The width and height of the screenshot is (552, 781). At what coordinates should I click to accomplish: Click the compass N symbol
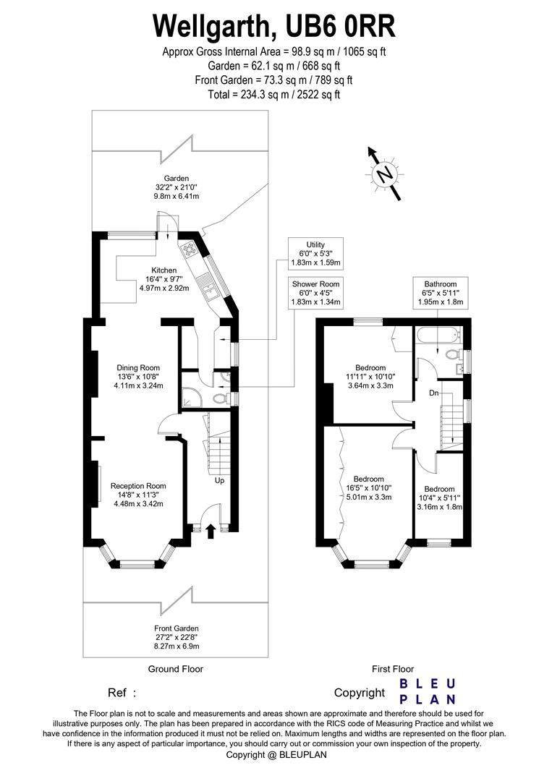(x=384, y=174)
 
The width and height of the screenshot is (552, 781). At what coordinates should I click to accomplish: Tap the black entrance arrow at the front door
(x=211, y=531)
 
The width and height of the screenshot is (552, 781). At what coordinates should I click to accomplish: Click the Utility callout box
(x=315, y=254)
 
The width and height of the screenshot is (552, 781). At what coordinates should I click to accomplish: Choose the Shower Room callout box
(x=315, y=293)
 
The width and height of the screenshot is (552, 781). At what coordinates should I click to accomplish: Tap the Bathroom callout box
(x=441, y=293)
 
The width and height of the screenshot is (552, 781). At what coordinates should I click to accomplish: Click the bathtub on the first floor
(x=438, y=336)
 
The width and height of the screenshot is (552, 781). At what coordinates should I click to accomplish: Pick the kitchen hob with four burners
(x=190, y=249)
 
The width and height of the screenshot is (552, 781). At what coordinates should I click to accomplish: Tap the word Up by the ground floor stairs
(x=219, y=481)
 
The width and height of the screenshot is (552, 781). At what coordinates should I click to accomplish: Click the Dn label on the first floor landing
(x=434, y=393)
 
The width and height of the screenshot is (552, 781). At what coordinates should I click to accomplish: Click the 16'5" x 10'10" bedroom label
(x=370, y=488)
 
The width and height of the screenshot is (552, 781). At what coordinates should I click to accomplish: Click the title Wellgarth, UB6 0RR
(x=274, y=27)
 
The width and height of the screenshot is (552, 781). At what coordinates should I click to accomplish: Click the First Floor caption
(x=393, y=669)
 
